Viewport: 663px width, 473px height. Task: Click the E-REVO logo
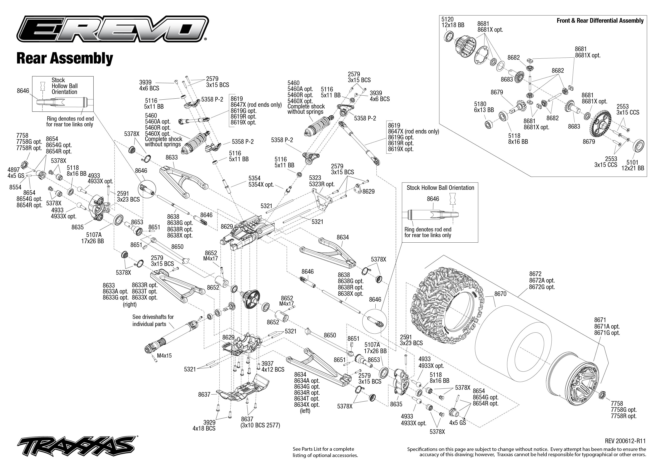click(x=112, y=29)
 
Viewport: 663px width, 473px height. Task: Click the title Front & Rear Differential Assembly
click(x=600, y=21)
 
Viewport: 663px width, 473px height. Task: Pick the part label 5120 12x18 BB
click(x=453, y=22)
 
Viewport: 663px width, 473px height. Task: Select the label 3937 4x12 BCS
click(x=273, y=366)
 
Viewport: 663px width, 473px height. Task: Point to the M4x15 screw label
click(x=164, y=356)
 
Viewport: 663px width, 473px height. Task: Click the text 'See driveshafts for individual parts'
click(x=153, y=320)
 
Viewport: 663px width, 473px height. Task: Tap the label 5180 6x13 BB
click(x=484, y=107)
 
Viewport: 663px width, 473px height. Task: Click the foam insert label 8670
click(x=500, y=294)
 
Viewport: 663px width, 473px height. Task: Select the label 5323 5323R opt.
click(x=322, y=181)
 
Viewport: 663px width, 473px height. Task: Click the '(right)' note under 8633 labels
click(x=130, y=304)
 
